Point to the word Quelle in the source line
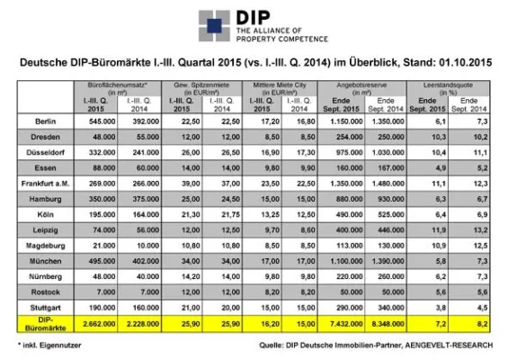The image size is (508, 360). click(x=271, y=345)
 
